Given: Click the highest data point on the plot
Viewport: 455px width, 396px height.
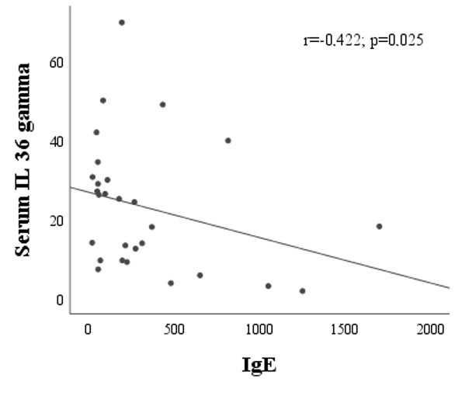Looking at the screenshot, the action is [122, 23].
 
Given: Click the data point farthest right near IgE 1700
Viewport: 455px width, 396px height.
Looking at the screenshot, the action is [379, 226].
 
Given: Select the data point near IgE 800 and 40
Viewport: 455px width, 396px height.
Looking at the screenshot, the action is [228, 141].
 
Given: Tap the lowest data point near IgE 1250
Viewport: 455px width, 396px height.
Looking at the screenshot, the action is [302, 291].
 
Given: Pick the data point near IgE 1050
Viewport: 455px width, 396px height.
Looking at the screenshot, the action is [269, 286].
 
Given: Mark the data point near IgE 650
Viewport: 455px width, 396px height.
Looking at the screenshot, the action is [200, 276].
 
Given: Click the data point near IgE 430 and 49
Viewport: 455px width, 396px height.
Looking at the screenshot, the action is [163, 105].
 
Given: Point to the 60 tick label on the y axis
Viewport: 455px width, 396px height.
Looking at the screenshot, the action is [57, 63].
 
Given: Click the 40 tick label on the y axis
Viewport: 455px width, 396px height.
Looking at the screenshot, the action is [57, 142].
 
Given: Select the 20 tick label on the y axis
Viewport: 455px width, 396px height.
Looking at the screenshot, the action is [57, 221].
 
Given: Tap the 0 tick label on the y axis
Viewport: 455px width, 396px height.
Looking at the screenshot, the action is [60, 300].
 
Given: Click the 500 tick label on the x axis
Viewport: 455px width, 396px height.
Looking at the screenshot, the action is [174, 330].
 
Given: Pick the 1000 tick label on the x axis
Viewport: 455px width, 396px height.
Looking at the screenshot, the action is [259, 330].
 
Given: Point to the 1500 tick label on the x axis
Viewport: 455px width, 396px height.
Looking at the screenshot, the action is [345, 330].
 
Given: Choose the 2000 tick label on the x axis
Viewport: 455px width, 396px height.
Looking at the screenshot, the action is [430, 330].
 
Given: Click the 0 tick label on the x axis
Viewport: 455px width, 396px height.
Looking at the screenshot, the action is [88, 330].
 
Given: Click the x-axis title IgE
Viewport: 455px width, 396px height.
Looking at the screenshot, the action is [259, 366].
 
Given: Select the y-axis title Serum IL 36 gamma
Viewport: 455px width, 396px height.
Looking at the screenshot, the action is [23, 160].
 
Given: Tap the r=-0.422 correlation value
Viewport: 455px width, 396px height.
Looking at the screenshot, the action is [332, 40].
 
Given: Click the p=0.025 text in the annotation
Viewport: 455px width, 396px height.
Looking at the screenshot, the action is [397, 41].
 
